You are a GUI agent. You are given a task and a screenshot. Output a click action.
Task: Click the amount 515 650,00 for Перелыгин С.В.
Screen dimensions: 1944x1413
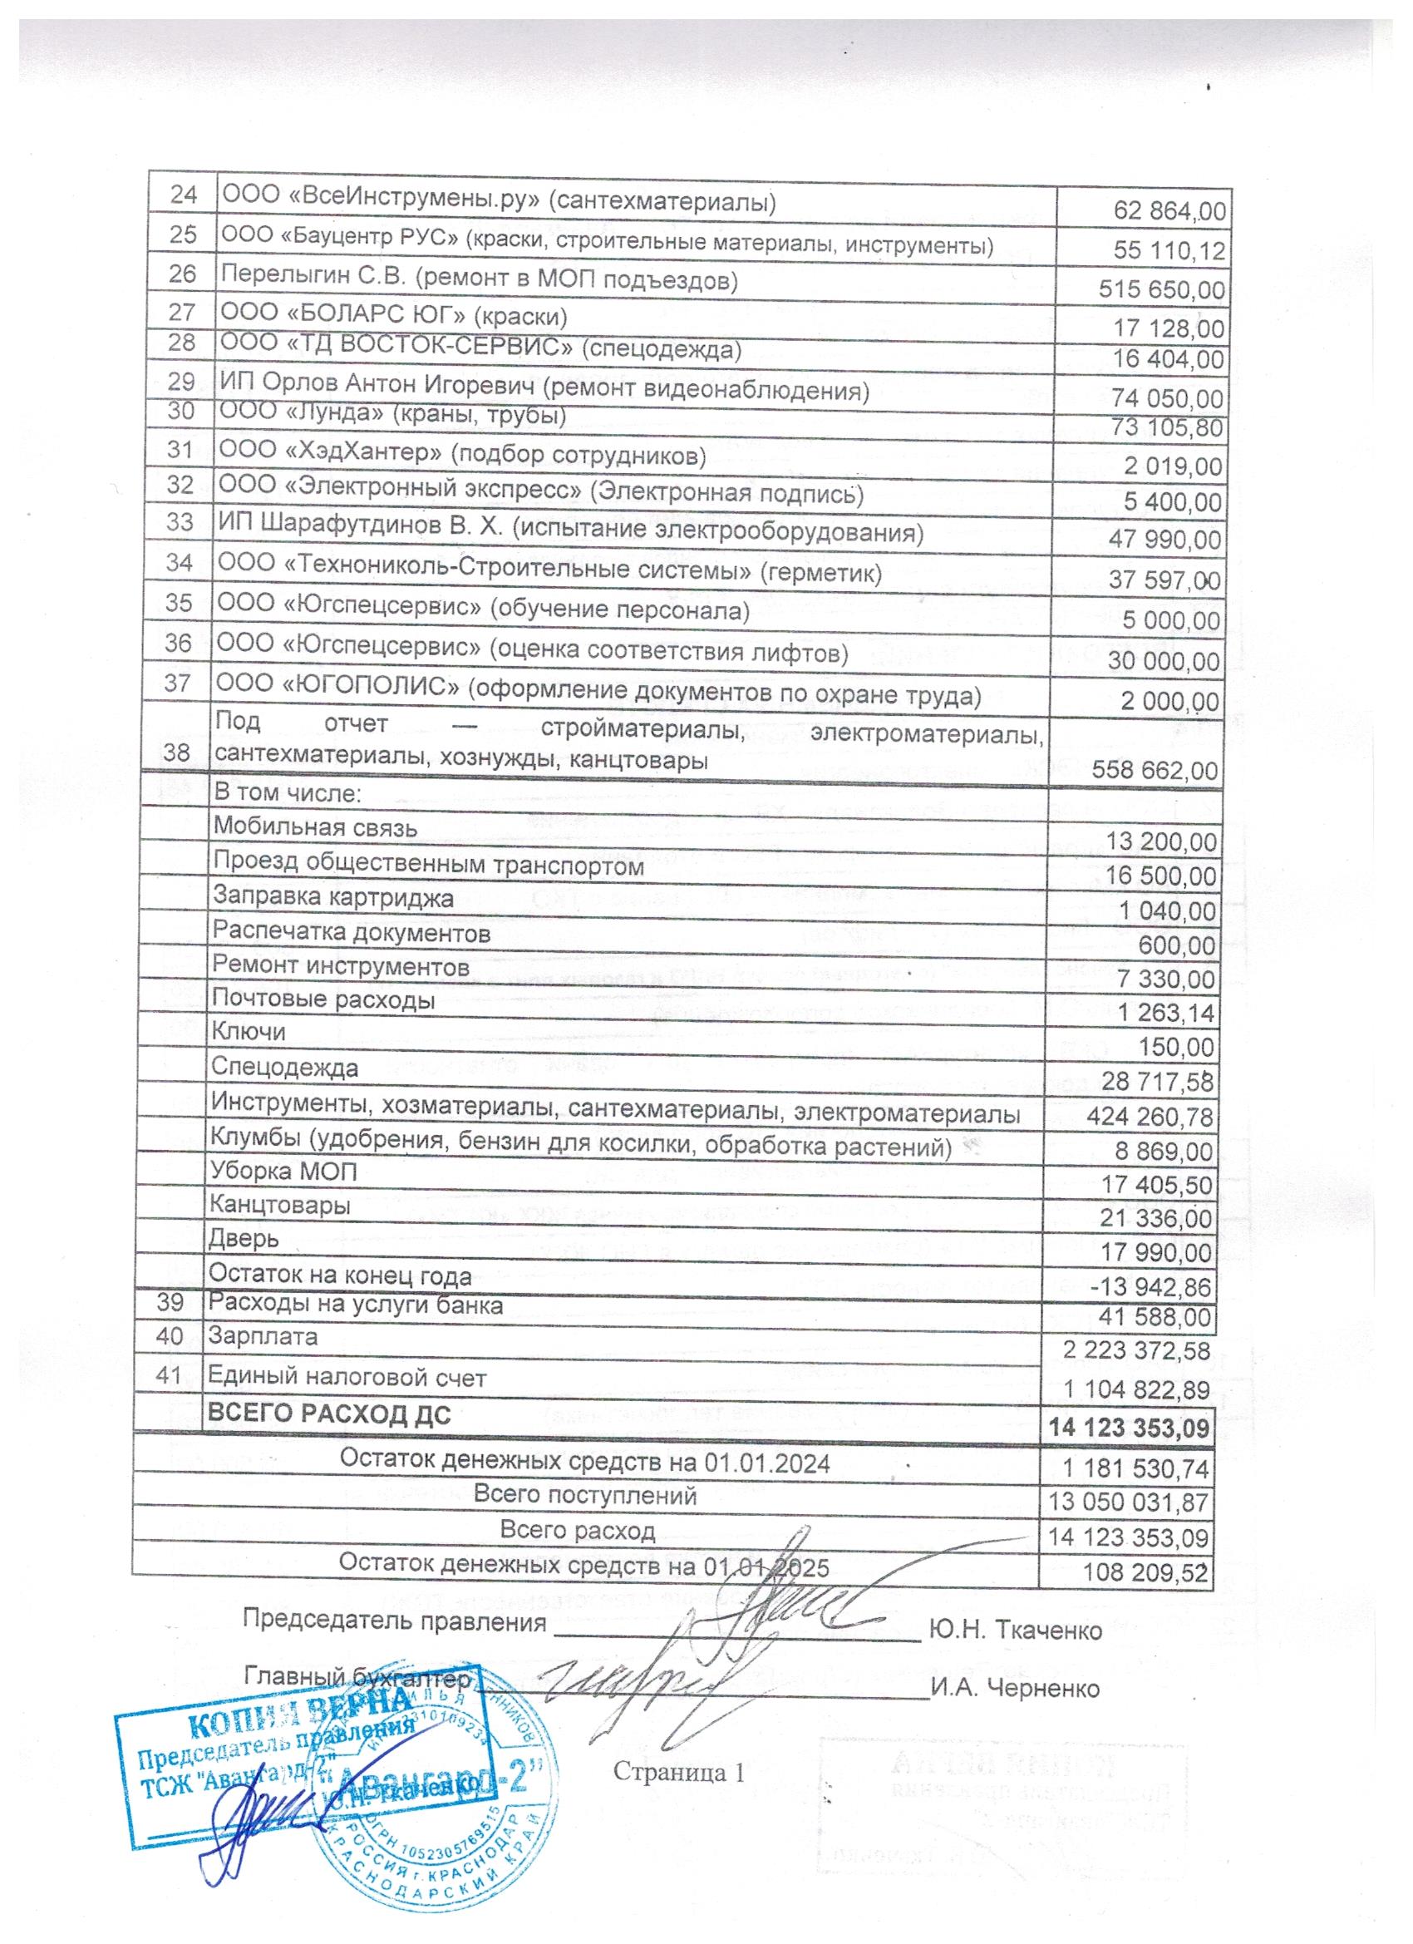(x=1161, y=289)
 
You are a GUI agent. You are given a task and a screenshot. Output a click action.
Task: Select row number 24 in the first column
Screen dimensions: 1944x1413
(x=184, y=195)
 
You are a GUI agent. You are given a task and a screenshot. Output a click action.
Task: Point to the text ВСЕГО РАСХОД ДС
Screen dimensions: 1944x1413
(x=330, y=1415)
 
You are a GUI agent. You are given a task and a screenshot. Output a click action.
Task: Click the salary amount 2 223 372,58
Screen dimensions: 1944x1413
(x=1136, y=1352)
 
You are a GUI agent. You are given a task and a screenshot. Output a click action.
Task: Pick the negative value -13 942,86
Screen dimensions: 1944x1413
(x=1158, y=1286)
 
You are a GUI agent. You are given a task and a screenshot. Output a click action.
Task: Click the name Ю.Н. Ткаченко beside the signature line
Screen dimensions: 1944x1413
(x=1015, y=1631)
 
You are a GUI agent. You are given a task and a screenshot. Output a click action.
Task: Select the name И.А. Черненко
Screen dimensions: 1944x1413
(x=1016, y=1689)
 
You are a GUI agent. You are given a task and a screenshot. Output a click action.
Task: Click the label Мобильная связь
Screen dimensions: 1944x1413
(x=315, y=828)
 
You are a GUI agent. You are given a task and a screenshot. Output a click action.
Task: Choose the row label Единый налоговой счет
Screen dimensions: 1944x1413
(x=347, y=1378)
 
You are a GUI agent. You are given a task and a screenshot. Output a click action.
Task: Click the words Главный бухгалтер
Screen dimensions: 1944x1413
(x=357, y=1675)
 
